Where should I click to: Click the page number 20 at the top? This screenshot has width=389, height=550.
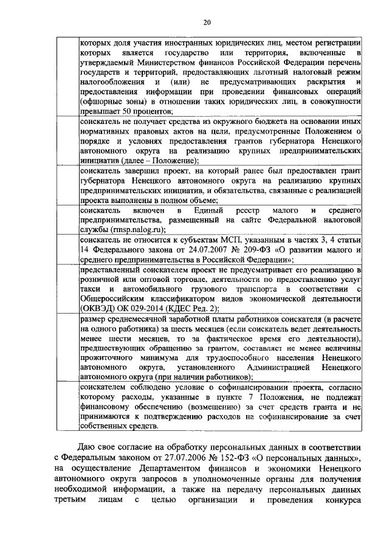pos(207,22)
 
